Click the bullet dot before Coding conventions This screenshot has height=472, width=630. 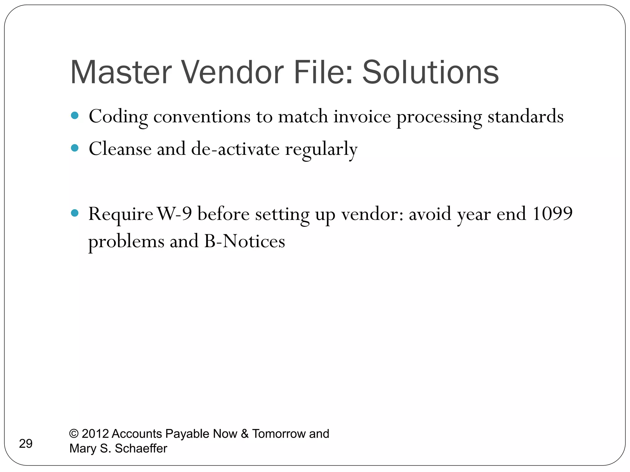coord(75,116)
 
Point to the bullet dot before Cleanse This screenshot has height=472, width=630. coord(75,148)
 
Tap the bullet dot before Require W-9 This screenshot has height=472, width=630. coord(75,213)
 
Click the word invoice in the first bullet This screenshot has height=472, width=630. coord(362,117)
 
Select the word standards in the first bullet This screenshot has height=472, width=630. coord(525,117)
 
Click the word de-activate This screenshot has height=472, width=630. coord(235,149)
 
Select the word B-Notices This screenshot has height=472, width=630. coord(245,241)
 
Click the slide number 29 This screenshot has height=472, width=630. coord(26,444)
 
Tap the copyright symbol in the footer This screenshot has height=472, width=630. coord(74,434)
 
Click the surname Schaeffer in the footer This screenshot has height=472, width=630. coord(141,449)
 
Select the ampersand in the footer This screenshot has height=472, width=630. coord(245,434)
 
